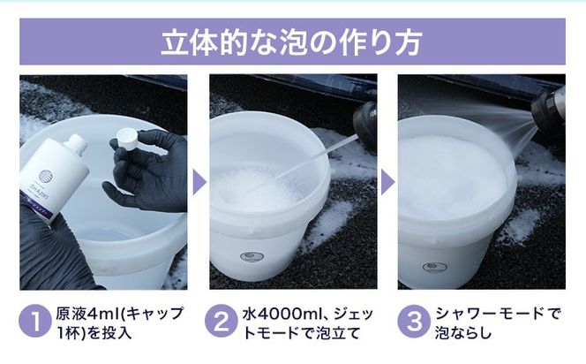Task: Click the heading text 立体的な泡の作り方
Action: click(292, 43)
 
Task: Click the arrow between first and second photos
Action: click(199, 183)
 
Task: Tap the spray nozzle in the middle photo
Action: click(364, 124)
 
